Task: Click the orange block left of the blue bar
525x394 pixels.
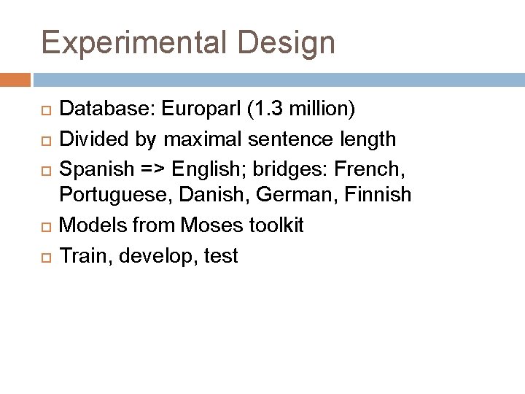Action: (x=15, y=79)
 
